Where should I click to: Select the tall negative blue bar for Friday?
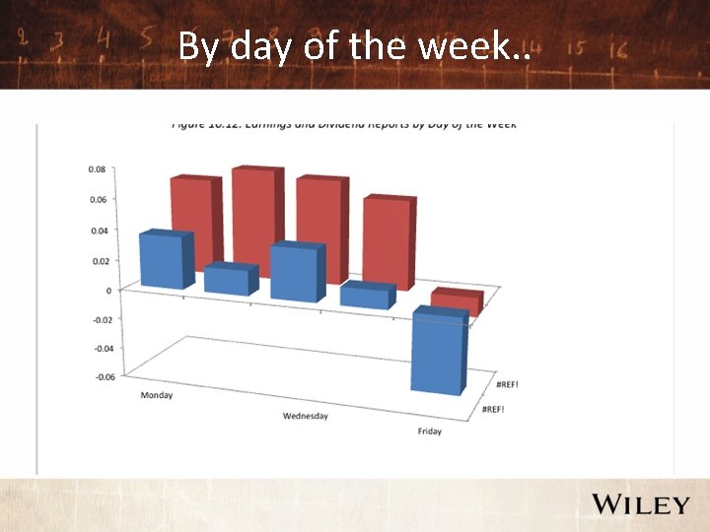tap(437, 352)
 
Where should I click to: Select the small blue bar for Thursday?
tap(366, 296)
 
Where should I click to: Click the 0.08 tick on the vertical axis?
tap(97, 169)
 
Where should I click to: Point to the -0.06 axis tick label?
tap(104, 376)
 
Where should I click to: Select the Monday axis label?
tap(157, 396)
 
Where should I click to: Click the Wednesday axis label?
tap(305, 416)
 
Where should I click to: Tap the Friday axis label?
tap(429, 432)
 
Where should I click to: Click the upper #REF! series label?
tap(508, 384)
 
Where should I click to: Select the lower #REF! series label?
tap(492, 408)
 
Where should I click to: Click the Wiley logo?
tap(640, 505)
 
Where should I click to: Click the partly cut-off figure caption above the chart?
tap(344, 126)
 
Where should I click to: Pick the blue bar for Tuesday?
tap(229, 280)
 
